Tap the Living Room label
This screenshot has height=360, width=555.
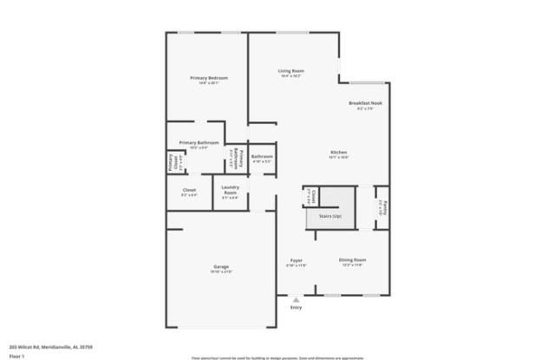point(290,70)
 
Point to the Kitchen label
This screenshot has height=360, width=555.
point(338,153)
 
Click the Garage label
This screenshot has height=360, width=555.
point(221,265)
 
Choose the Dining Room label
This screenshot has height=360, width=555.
point(352,259)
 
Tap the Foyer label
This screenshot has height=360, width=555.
point(296,260)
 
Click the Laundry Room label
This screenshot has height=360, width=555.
point(230,190)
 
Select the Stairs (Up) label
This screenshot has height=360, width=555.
point(330,215)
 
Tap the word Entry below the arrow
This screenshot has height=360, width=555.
point(296,307)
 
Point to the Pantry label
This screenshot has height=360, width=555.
point(382,208)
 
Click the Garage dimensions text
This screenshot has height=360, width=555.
point(221,272)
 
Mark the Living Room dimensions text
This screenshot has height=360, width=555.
point(290,76)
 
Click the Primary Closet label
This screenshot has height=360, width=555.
point(171,163)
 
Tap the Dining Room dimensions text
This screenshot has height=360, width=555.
point(352,265)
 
